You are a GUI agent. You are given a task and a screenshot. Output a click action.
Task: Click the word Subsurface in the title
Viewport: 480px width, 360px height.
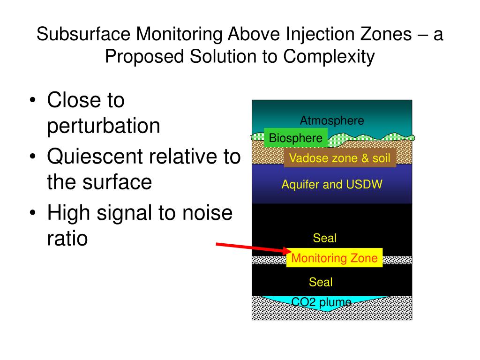(83, 34)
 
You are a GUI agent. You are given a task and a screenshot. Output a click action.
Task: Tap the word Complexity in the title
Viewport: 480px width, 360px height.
(329, 57)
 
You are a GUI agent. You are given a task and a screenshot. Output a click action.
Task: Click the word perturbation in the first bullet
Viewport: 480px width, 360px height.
(104, 126)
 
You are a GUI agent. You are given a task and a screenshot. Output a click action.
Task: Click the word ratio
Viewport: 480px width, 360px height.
(67, 238)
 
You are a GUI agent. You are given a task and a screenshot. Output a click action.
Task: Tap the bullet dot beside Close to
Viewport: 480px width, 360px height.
(33, 100)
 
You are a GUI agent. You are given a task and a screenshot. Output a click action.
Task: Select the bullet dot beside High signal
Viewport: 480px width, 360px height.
(33, 213)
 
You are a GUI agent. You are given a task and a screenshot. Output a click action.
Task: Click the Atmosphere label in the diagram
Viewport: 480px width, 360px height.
(332, 120)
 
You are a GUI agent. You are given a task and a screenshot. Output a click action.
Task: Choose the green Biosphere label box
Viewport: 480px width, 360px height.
(296, 138)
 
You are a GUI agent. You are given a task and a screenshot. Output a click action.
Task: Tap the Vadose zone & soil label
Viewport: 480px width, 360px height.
(340, 158)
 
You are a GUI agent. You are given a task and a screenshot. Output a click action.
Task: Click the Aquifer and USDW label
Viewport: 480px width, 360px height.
(332, 184)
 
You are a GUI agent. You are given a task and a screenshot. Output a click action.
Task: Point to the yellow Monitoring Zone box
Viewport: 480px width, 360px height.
(334, 258)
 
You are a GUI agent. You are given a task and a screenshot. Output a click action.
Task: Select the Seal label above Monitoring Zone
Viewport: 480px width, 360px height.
(324, 238)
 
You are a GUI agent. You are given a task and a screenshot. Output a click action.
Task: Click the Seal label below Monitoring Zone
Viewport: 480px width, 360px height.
(321, 282)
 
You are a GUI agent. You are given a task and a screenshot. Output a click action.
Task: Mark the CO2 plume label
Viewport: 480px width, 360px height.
(321, 302)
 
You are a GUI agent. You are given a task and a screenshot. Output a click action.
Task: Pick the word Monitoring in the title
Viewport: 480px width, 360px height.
(179, 34)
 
